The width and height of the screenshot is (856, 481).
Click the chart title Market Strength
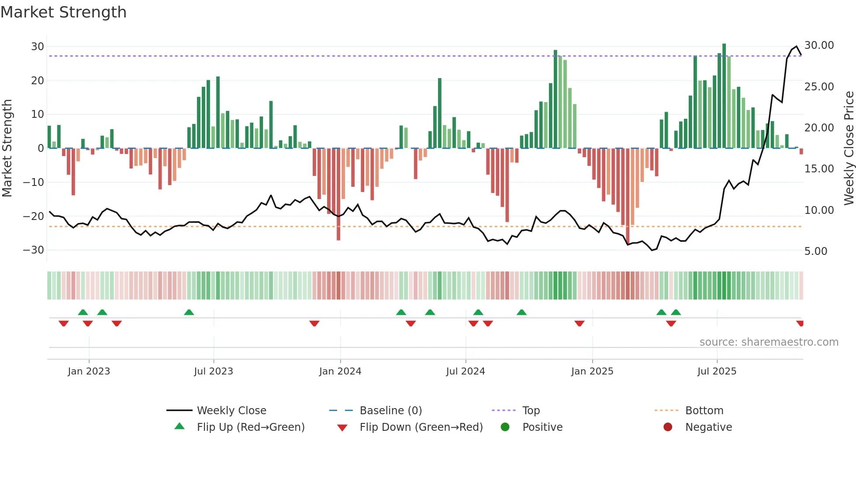tap(63, 12)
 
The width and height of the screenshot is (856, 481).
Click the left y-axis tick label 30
tap(38, 47)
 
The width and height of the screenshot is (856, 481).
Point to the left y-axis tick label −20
tap(34, 216)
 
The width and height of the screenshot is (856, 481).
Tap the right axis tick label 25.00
tap(819, 87)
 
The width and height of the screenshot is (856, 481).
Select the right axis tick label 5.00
tap(815, 251)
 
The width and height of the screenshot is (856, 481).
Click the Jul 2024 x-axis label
tap(465, 371)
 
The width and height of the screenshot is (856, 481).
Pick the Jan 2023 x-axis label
tap(89, 371)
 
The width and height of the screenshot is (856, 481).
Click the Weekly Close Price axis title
tap(849, 148)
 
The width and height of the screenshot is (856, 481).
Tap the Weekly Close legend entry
tap(231, 411)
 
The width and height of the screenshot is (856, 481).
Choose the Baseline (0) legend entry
tap(390, 411)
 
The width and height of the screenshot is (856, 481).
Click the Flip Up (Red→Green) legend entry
tap(250, 427)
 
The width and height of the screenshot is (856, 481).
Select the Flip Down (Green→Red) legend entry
tap(421, 427)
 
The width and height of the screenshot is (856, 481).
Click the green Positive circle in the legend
tap(505, 427)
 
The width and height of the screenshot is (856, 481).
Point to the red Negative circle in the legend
tap(668, 427)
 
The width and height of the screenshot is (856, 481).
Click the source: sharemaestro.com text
tap(769, 342)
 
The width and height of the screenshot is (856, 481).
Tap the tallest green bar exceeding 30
tap(724, 96)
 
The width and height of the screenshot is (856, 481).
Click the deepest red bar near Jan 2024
tap(338, 194)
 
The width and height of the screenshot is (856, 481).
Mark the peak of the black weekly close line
tap(797, 46)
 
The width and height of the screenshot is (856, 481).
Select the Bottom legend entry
tap(704, 411)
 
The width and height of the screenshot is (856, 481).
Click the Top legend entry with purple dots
tap(531, 411)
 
